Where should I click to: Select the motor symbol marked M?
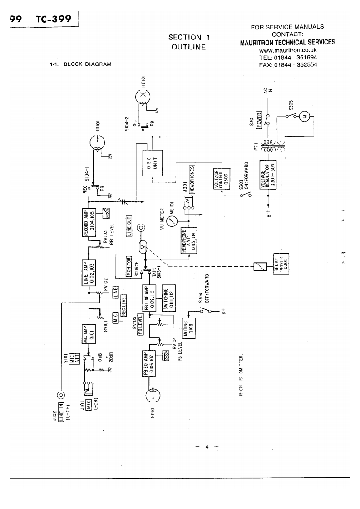(x=305, y=117)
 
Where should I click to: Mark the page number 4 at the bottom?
(x=207, y=447)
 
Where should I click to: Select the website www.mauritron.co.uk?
(x=287, y=50)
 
